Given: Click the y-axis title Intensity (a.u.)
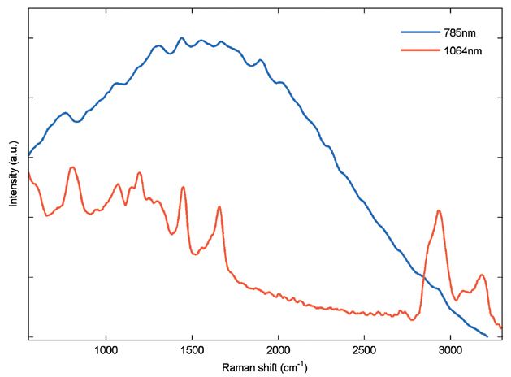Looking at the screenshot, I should pyautogui.click(x=14, y=172).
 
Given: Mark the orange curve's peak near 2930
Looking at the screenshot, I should pyautogui.click(x=439, y=210).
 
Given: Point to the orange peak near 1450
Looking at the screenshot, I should pyautogui.click(x=183, y=187).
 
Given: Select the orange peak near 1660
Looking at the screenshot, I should pyautogui.click(x=219, y=206).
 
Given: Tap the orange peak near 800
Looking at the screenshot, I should pyautogui.click(x=72, y=167).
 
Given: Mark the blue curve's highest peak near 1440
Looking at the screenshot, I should pyautogui.click(x=181, y=37).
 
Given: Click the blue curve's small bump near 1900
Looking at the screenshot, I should pyautogui.click(x=260, y=59).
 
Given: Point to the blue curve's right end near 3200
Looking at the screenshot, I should pyautogui.click(x=487, y=336).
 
